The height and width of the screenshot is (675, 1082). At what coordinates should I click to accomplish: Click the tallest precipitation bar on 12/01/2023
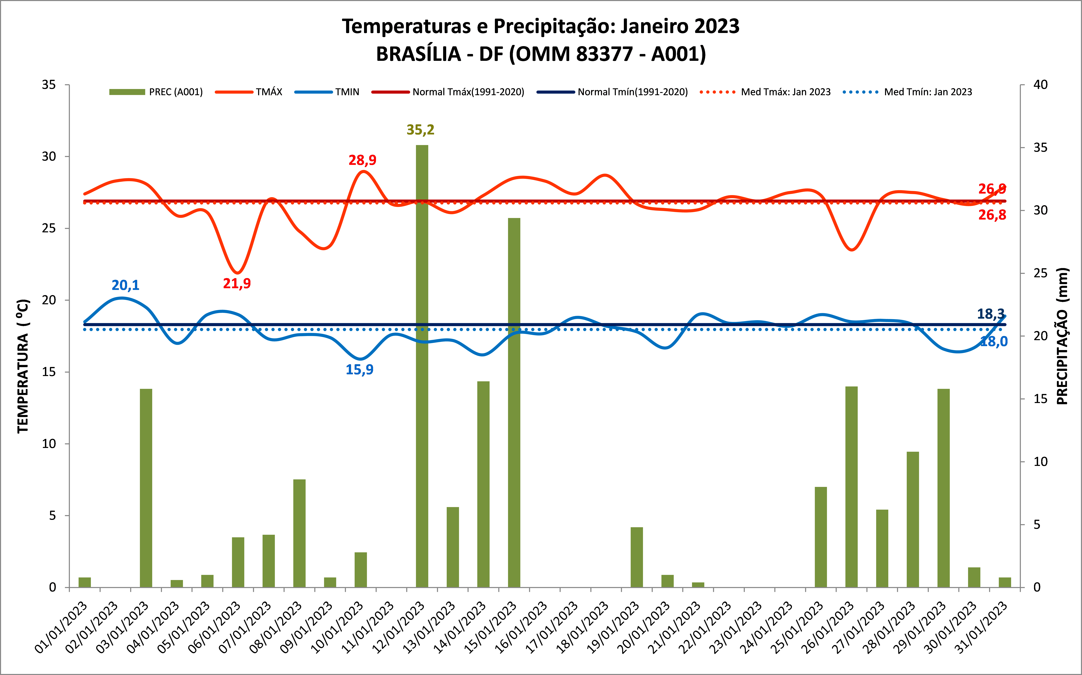coord(422,366)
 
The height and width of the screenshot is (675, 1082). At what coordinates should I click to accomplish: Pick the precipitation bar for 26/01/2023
coord(851,487)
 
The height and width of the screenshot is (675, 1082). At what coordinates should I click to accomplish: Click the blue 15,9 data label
coord(359,370)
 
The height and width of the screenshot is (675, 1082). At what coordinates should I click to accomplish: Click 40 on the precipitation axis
coord(1040,85)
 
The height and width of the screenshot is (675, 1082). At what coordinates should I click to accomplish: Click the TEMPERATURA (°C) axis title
coord(23,366)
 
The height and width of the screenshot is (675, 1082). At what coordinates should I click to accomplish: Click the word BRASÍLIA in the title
coord(418,54)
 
